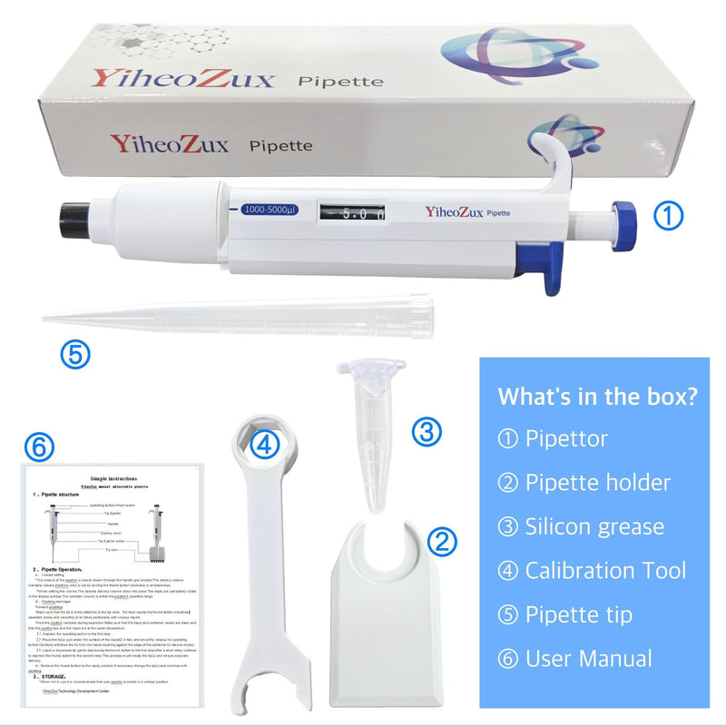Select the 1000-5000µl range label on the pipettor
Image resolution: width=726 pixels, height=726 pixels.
tap(270, 211)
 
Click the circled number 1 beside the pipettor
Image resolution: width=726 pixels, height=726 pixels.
tap(667, 215)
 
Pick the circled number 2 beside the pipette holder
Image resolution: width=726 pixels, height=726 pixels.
tap(442, 542)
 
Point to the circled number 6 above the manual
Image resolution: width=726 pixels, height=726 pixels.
tap(41, 446)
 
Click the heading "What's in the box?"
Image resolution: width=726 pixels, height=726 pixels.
tap(597, 397)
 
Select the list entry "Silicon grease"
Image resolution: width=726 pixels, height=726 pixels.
tap(594, 526)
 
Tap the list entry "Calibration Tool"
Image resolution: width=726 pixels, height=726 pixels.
tap(604, 571)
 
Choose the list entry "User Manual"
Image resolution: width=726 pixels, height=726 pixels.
tap(587, 659)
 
